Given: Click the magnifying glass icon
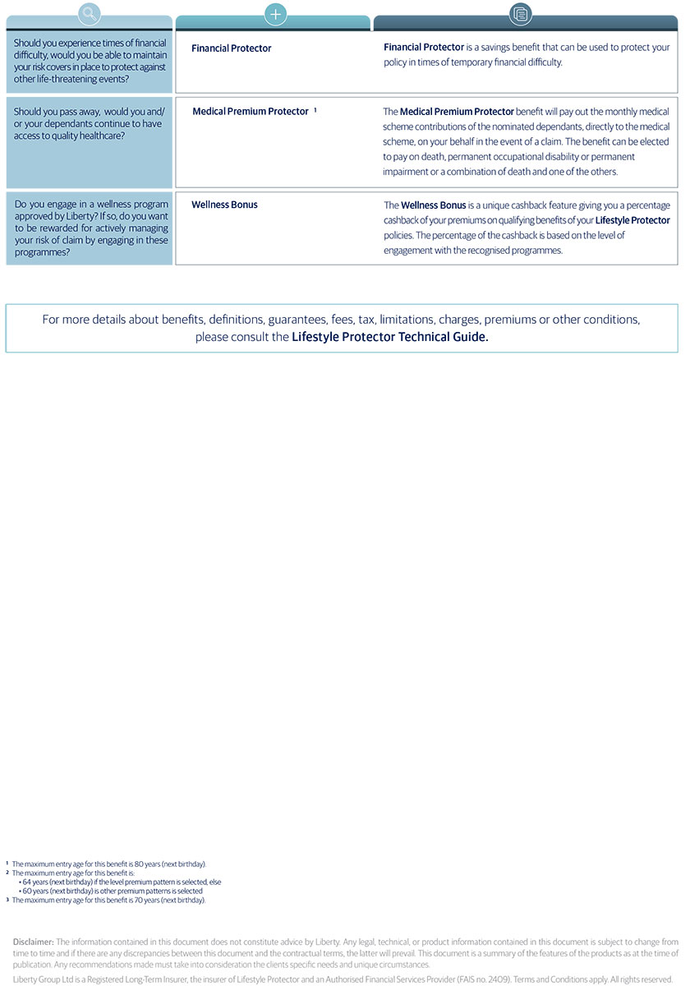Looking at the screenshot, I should pos(90,13).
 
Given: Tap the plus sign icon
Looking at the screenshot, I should pos(275,13).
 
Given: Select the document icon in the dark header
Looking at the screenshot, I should pos(521,13).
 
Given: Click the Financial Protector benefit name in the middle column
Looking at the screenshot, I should pos(232,48).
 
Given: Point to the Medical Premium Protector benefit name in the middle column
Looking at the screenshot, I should pos(251,112).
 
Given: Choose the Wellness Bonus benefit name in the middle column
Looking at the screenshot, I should pos(224,205).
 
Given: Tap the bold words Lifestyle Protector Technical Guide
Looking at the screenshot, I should pos(390,337).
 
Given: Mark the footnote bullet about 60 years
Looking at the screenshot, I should pos(113,891).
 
